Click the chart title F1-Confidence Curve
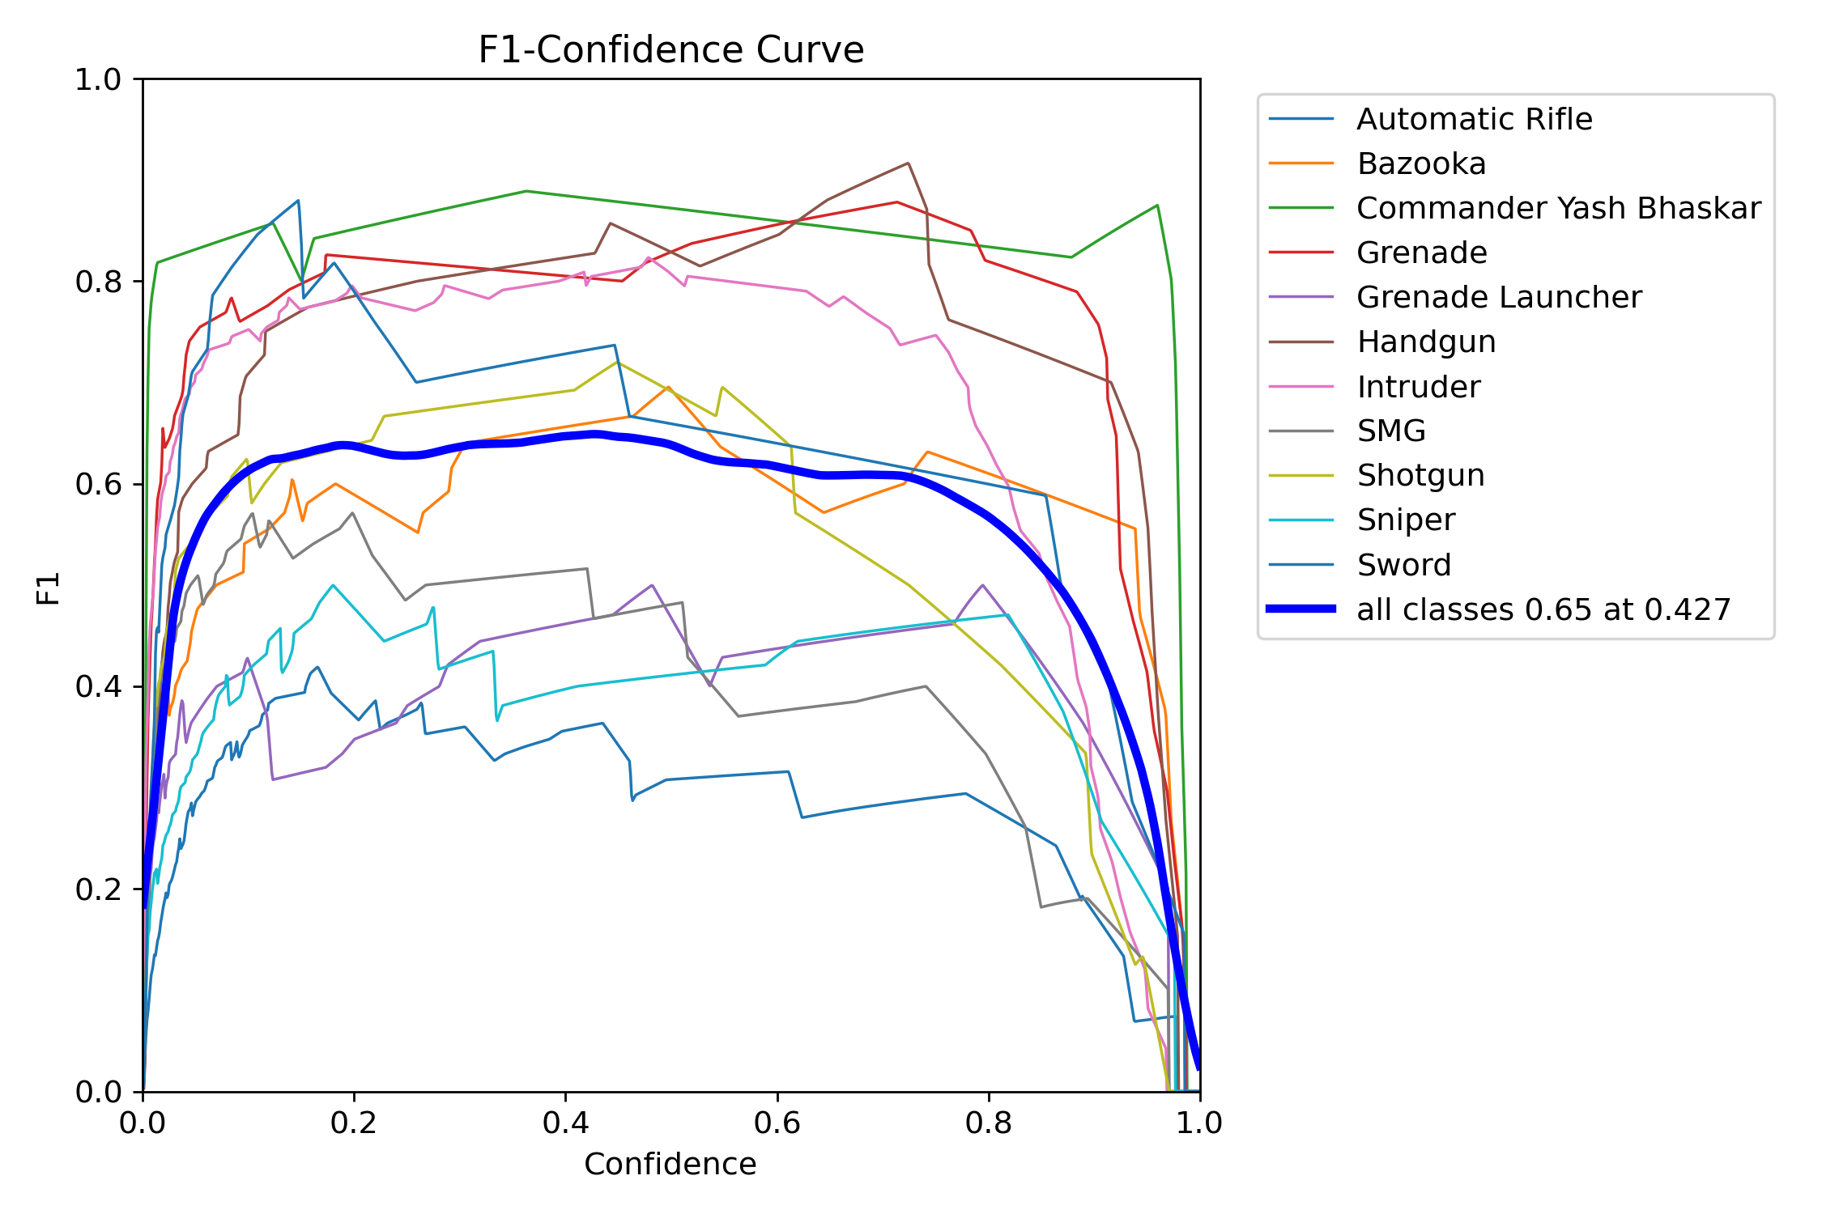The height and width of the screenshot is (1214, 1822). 670,50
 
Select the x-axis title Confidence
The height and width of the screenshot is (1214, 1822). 670,1164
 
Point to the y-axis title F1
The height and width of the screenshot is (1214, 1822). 49,588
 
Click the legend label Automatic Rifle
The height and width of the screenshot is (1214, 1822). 1474,120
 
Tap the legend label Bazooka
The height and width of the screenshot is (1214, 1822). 1421,164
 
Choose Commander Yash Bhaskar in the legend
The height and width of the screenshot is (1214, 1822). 1558,209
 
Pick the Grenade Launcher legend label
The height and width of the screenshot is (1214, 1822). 1499,298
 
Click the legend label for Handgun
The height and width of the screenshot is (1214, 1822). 1426,342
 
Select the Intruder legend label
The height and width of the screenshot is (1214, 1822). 1419,387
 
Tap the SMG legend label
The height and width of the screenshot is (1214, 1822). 1391,431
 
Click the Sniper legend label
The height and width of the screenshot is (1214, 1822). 1406,520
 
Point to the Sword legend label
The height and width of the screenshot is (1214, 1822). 1404,565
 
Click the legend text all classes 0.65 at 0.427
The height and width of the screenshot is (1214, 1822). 1543,609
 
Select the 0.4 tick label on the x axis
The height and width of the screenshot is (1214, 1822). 565,1123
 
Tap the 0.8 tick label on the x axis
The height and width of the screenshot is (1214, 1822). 988,1123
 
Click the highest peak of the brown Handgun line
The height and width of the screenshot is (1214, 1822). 908,163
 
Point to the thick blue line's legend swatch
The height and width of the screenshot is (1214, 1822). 1301,609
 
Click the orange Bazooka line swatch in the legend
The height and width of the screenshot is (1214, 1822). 1301,163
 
